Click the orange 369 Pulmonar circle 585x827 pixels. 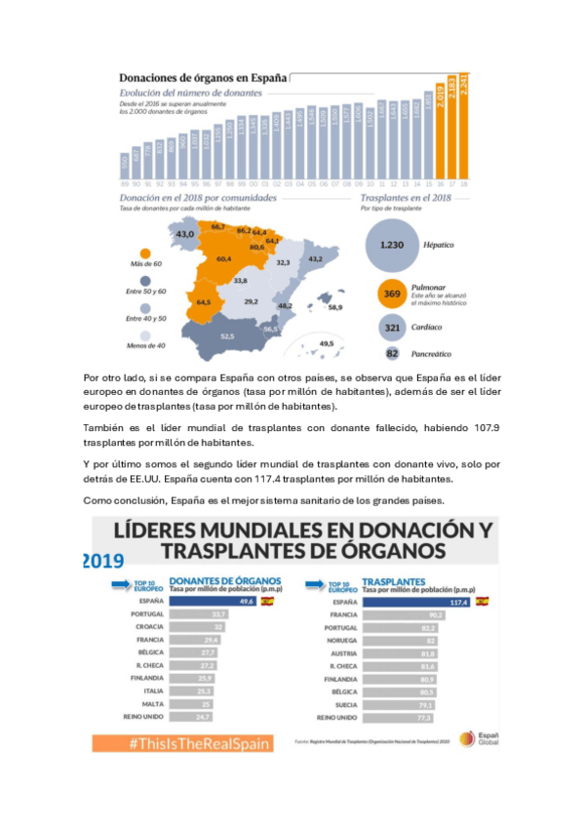pyautogui.click(x=391, y=295)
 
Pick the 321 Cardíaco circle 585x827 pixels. pyautogui.click(x=391, y=329)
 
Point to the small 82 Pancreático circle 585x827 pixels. pyautogui.click(x=392, y=354)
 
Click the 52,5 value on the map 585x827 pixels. pyautogui.click(x=227, y=336)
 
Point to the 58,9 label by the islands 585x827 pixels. pyautogui.click(x=334, y=308)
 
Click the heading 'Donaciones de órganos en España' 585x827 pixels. pyautogui.click(x=203, y=77)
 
